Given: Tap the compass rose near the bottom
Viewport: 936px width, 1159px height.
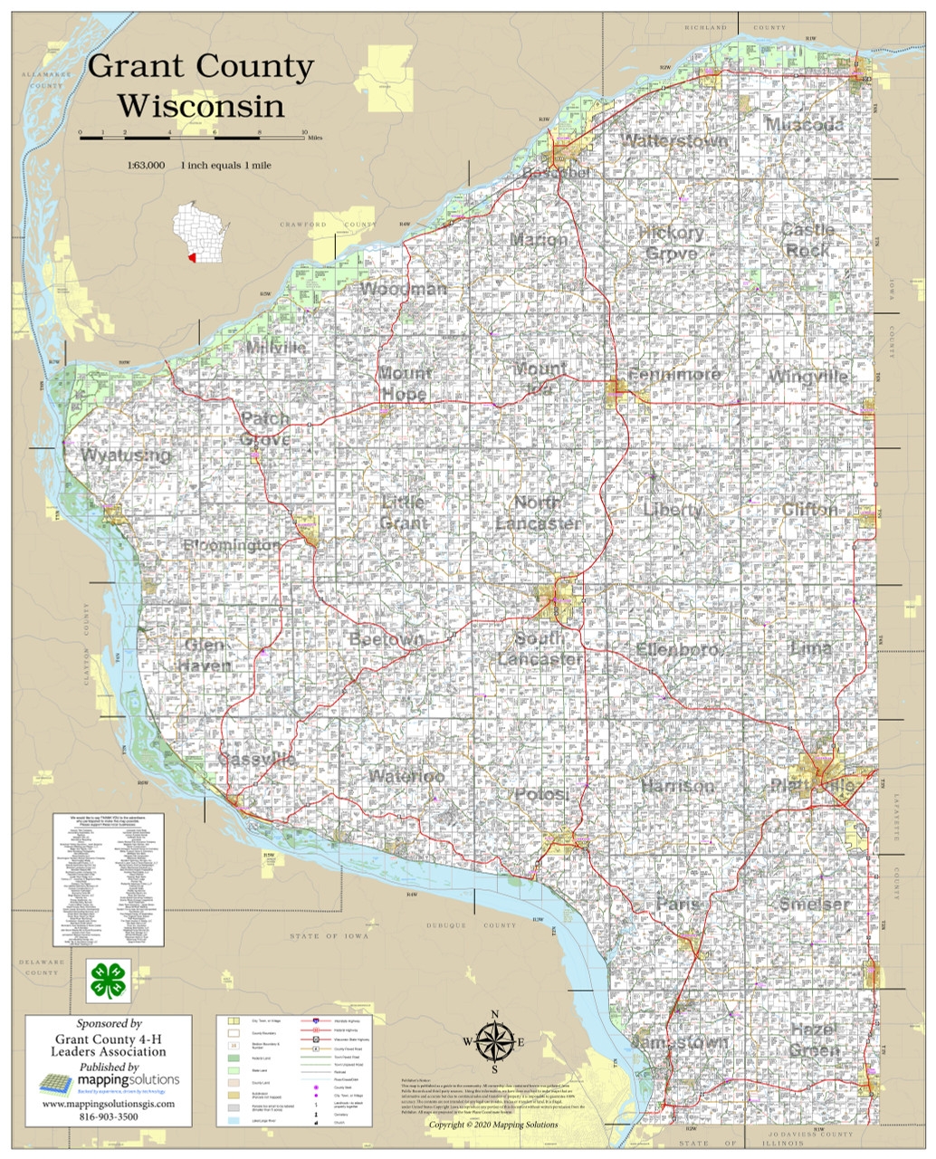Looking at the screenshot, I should point(494,1041).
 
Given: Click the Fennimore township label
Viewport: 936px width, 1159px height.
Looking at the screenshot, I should point(673,375).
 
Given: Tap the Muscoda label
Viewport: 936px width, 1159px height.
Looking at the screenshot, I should point(804,125).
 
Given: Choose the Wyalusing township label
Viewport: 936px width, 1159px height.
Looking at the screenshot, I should point(126,455).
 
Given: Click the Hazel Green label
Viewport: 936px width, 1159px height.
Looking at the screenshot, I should point(814,1040).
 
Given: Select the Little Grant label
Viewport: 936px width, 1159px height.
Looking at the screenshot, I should point(404,512).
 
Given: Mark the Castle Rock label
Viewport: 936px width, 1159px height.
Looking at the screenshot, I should point(807,240).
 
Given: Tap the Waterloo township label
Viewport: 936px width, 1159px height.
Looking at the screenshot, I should point(406,777).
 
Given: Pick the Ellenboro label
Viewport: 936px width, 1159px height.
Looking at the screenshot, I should point(680,649).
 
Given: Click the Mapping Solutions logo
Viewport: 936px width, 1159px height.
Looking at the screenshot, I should point(110,1081).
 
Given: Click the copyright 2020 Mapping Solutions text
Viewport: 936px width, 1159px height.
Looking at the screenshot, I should point(493,1125).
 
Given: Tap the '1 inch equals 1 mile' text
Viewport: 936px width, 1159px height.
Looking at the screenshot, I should point(225,166).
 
